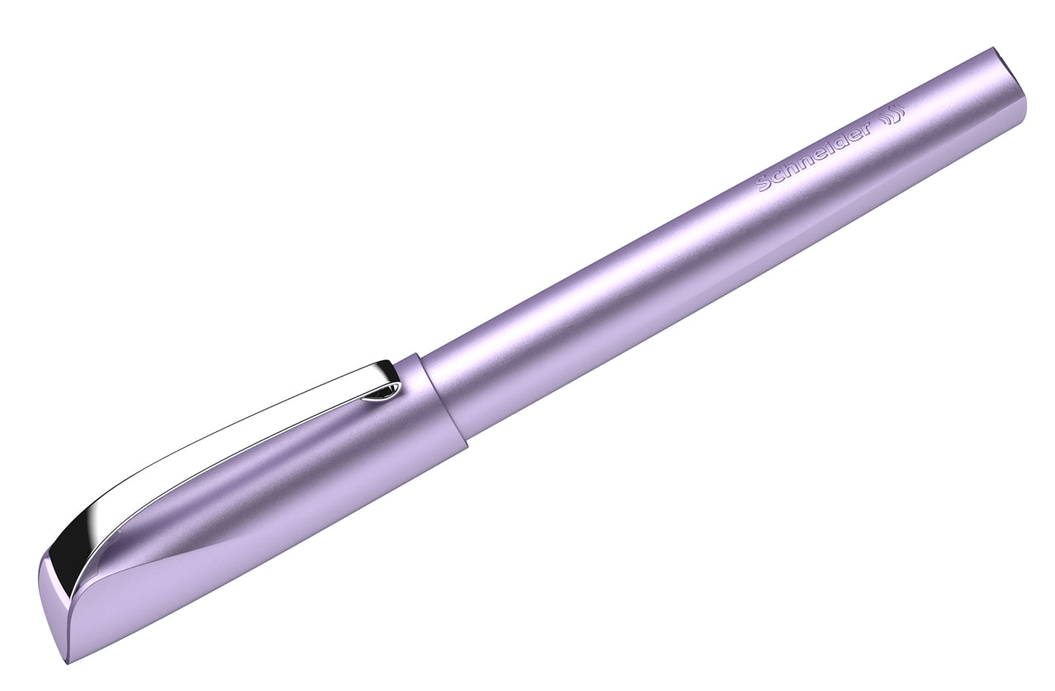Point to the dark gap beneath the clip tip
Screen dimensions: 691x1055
pos(382,397)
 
